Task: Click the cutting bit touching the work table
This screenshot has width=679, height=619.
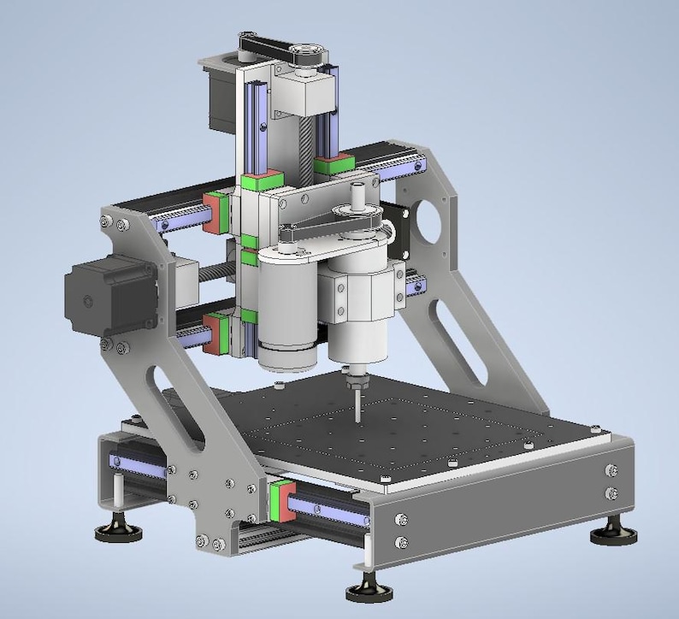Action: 355,402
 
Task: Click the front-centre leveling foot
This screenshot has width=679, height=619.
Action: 369,591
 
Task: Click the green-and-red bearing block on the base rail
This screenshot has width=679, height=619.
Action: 277,500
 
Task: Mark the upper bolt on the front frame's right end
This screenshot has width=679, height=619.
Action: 610,470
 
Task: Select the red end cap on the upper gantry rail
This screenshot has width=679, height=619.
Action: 210,213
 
